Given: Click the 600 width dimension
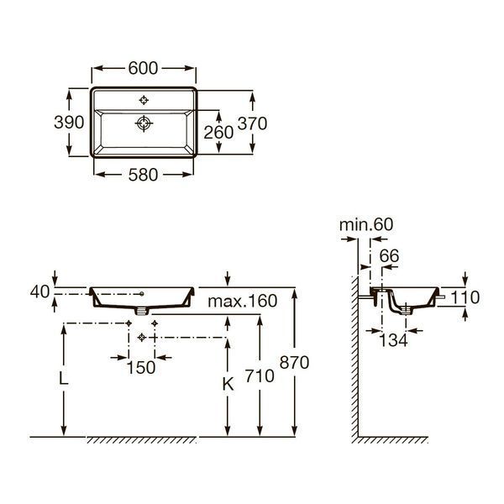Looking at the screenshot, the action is [x=143, y=68].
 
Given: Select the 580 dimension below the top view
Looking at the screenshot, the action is [x=143, y=175].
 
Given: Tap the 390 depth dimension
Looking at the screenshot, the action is [x=69, y=122].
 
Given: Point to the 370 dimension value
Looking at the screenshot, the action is [x=252, y=123].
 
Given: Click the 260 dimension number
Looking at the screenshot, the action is [x=218, y=133].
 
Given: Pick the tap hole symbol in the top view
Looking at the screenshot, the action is [x=144, y=100].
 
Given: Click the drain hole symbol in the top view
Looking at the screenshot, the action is [x=144, y=123].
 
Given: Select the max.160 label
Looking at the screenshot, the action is [x=243, y=301].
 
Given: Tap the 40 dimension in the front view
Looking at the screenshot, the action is [x=39, y=291].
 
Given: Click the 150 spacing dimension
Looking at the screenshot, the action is [x=141, y=367].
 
